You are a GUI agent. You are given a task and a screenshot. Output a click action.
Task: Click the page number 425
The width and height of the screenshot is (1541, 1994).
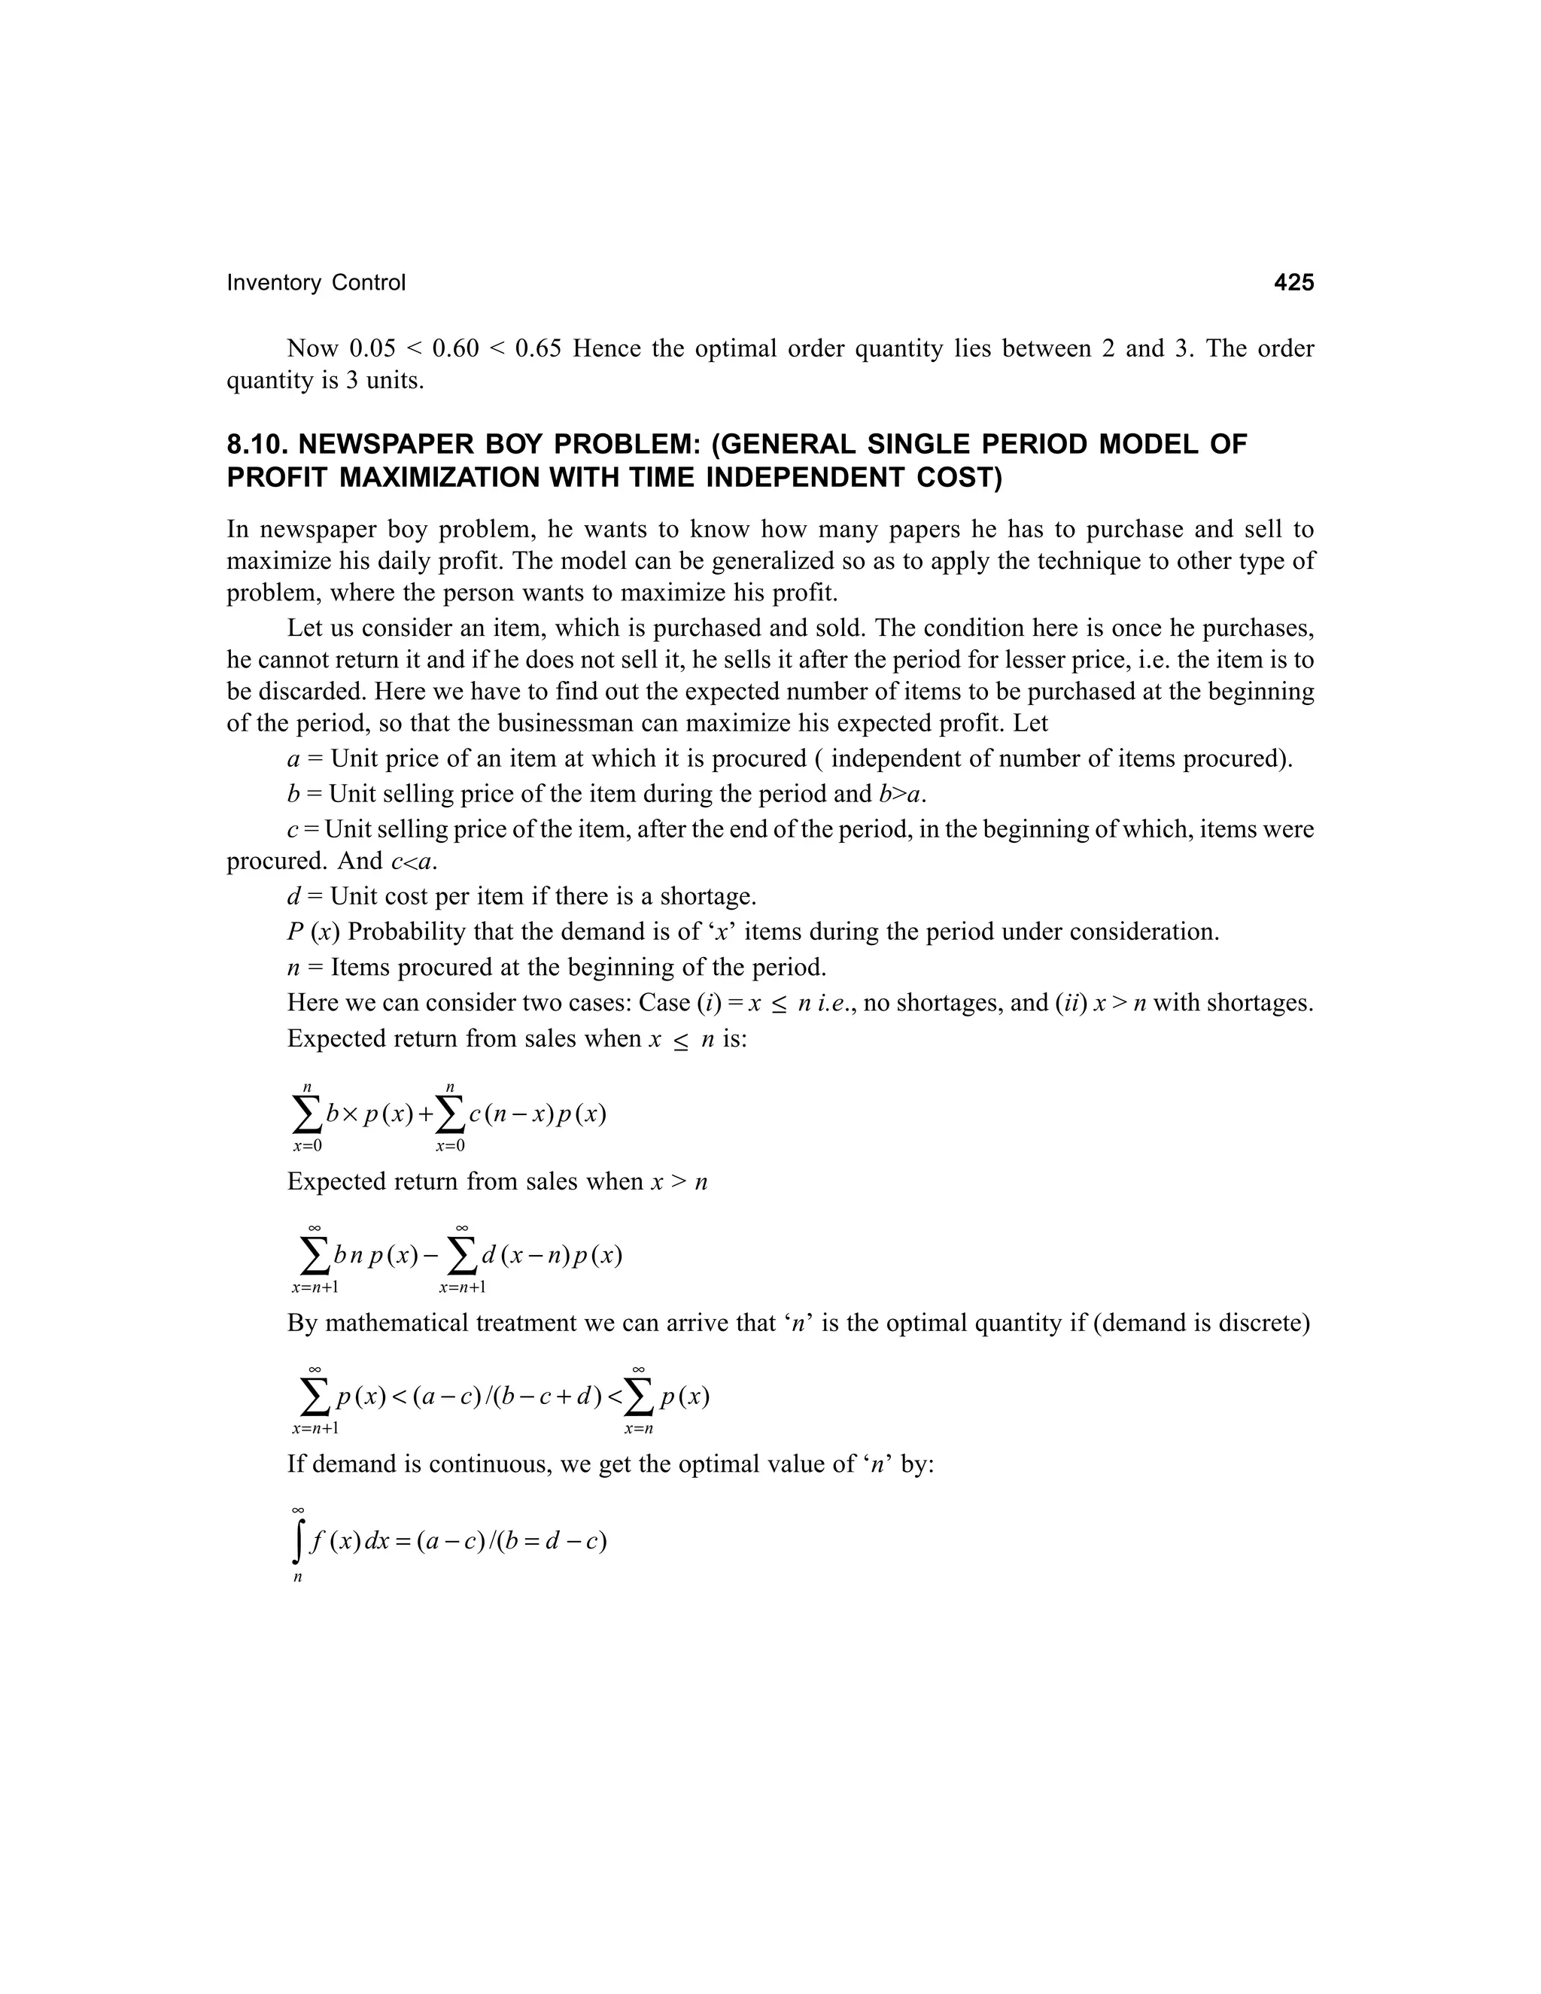coord(1293,283)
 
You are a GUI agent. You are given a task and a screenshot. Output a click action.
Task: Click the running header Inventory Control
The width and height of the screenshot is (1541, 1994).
coord(316,283)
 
